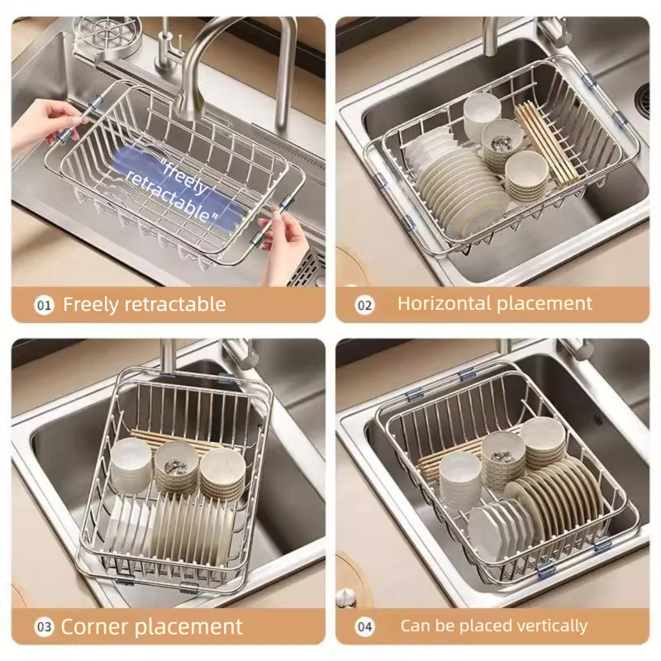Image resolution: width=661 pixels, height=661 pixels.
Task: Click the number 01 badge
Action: coord(44,305)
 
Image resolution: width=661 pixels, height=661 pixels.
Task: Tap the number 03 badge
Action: coord(43,625)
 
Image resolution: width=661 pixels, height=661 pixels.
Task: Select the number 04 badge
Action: coord(365,626)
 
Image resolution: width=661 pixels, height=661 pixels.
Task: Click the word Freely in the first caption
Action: coord(91,304)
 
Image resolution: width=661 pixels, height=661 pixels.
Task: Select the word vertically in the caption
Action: coord(550,625)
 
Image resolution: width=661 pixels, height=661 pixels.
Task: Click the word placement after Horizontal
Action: coord(547,303)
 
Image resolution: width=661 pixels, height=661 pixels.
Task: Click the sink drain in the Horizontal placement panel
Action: coord(644,99)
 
